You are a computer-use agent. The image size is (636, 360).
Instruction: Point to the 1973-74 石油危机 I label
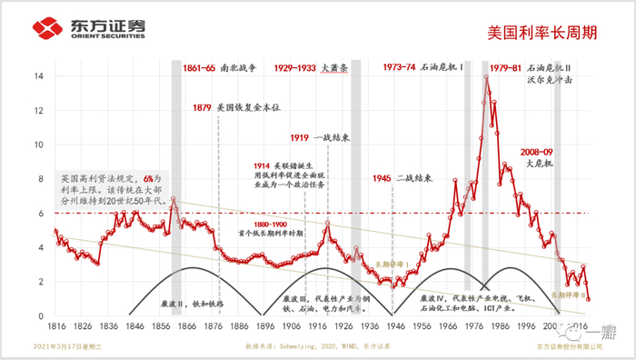[x=423, y=68]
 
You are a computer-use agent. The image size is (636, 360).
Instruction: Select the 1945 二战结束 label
[x=402, y=178]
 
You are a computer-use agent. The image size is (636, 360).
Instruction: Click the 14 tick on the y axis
[x=39, y=76]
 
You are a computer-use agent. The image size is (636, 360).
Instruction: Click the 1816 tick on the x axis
[x=55, y=325]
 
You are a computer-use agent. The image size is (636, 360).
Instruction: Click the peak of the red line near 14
[x=487, y=77]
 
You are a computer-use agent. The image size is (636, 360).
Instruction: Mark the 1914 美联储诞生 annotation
[x=293, y=174]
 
